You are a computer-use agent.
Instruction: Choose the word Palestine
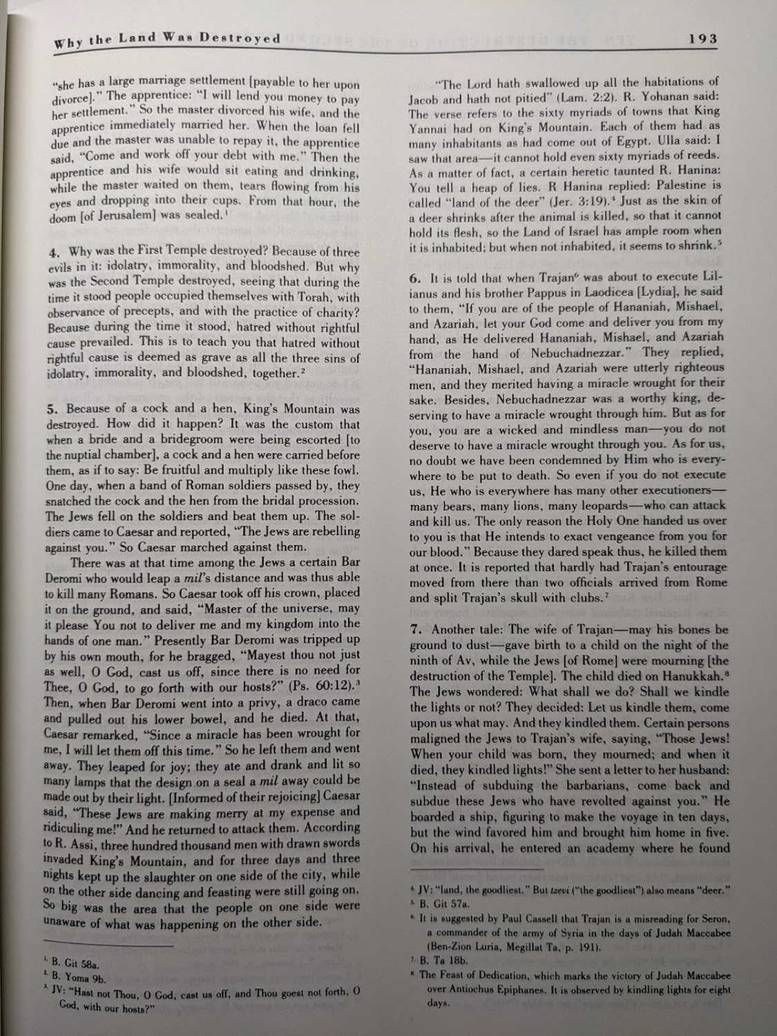[666, 187]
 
